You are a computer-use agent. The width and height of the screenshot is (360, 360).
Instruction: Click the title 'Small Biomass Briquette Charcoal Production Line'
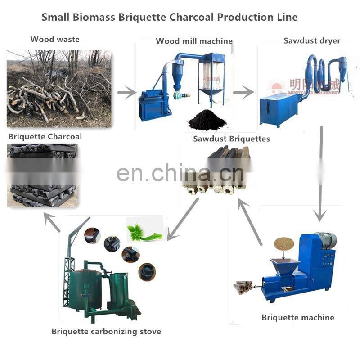pyautogui.click(x=170, y=18)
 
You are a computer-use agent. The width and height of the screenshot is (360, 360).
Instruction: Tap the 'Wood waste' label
pyautogui.click(x=55, y=39)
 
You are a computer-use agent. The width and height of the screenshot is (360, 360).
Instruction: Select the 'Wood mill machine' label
pyautogui.click(x=194, y=41)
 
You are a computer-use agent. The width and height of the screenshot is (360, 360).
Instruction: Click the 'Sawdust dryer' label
pyautogui.click(x=312, y=41)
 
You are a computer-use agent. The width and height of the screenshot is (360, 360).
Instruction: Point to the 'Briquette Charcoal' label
pyautogui.click(x=45, y=136)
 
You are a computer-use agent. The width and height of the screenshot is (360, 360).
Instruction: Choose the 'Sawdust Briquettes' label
pyautogui.click(x=231, y=139)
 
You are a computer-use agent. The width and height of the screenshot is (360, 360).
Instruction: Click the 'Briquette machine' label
pyautogui.click(x=298, y=317)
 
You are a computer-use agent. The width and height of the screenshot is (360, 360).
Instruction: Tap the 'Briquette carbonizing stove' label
pyautogui.click(x=106, y=332)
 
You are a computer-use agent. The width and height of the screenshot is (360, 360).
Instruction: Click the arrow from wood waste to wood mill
pyautogui.click(x=126, y=93)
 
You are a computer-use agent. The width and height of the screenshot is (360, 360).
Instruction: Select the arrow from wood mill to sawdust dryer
pyautogui.click(x=243, y=93)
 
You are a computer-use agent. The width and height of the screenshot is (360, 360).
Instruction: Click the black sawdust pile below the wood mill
pyautogui.click(x=206, y=120)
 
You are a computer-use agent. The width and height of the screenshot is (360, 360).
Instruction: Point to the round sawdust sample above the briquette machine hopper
pyautogui.click(x=284, y=244)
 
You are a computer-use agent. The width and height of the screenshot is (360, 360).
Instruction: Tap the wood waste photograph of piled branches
pyautogui.click(x=59, y=89)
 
